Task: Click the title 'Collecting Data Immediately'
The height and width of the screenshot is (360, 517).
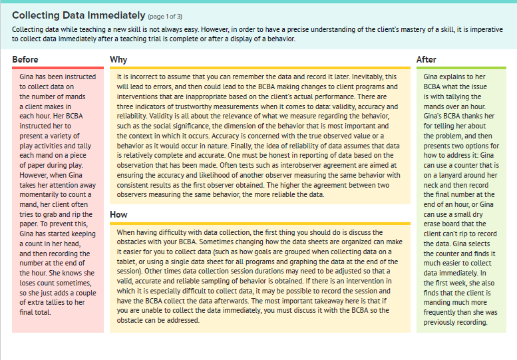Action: [x=79, y=15]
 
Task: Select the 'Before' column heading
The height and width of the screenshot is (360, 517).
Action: [x=25, y=60]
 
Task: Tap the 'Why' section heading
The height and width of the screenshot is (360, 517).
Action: [x=118, y=60]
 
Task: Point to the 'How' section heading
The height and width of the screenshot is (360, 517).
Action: [x=118, y=215]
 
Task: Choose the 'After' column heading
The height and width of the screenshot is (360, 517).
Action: [x=427, y=60]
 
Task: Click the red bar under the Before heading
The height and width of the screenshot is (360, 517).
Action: [x=58, y=68]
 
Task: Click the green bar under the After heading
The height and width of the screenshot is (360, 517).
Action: [x=461, y=68]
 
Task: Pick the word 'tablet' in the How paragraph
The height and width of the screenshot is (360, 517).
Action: [x=129, y=262]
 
